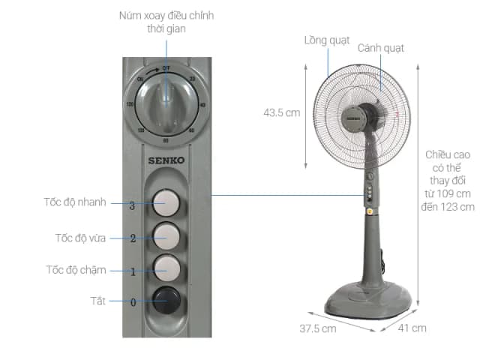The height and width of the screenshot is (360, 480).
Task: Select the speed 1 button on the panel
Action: pyautogui.click(x=167, y=268)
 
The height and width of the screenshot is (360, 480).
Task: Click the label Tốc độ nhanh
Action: pyautogui.click(x=75, y=202)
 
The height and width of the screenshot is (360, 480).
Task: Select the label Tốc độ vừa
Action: pyautogui.click(x=80, y=238)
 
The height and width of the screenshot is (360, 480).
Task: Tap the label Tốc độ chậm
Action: pyautogui.click(x=76, y=270)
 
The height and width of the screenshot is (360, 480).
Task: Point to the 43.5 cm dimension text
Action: pyautogui.click(x=281, y=113)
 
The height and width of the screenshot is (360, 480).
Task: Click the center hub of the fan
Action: pyautogui.click(x=367, y=116)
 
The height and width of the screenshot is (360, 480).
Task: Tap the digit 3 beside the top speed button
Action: pyautogui.click(x=132, y=204)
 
